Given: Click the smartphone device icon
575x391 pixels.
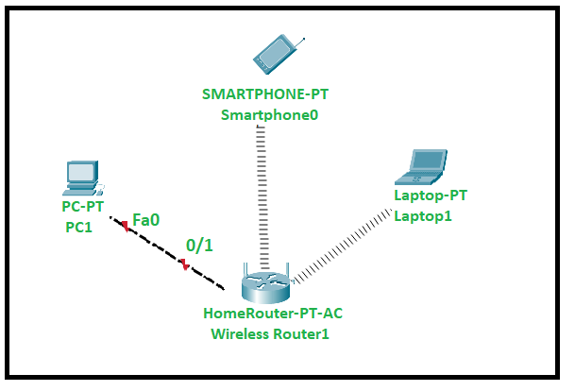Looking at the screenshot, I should [277, 55].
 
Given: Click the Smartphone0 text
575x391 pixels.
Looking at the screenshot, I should [270, 115].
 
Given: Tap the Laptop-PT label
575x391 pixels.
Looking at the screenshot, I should [430, 195].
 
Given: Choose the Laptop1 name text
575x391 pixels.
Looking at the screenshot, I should [423, 216].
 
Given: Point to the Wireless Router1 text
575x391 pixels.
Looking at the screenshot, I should [270, 332].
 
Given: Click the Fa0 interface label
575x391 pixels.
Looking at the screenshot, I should [145, 219].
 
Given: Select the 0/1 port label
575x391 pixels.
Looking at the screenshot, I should [199, 245].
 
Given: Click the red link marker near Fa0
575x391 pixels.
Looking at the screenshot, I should [123, 225].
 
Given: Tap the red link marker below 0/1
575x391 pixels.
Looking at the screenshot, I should [185, 266].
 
